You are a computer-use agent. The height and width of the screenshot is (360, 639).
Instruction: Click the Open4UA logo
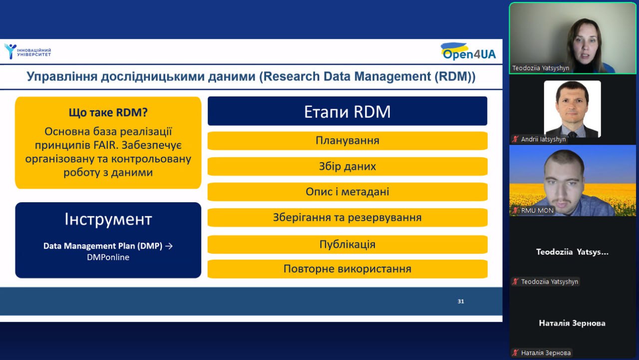click(468, 51)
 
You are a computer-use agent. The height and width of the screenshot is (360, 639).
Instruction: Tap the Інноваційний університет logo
click(27, 51)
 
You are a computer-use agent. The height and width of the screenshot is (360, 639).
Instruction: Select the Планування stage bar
click(347, 141)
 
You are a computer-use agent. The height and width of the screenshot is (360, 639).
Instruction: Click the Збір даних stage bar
click(347, 166)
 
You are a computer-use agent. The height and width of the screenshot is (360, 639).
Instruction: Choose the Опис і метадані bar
click(347, 192)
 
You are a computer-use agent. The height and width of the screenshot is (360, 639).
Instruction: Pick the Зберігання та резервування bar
click(347, 217)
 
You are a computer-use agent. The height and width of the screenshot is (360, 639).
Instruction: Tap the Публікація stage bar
click(347, 245)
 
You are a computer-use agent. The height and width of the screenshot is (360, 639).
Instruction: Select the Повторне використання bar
click(347, 269)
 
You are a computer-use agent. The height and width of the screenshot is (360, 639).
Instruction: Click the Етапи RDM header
click(347, 111)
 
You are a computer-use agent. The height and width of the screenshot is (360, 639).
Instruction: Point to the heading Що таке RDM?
click(108, 112)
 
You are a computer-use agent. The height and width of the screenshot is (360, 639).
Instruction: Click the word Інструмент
click(108, 219)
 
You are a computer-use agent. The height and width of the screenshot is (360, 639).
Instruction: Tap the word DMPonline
click(108, 257)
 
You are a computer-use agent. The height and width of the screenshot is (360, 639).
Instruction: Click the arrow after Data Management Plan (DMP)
click(169, 246)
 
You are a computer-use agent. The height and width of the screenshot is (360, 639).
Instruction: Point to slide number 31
click(461, 301)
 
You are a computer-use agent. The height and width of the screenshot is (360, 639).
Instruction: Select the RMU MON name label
click(537, 211)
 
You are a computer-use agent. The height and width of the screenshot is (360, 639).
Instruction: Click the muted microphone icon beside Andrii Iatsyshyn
click(515, 139)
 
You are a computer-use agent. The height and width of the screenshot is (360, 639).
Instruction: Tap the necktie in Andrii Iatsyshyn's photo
click(573, 134)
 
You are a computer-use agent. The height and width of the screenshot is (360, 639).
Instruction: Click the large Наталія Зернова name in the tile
click(572, 323)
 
